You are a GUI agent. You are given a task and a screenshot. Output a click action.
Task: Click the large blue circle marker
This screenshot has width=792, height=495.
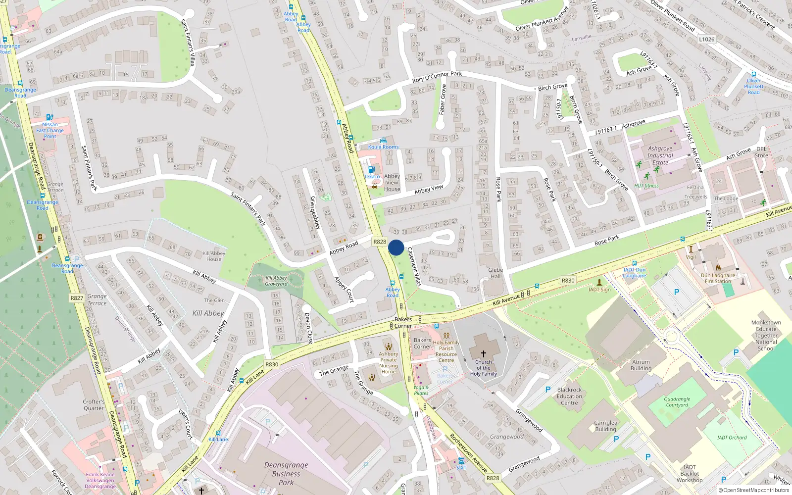(x=396, y=247)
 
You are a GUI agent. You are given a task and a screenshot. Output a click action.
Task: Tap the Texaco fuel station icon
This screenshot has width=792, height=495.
(x=372, y=169)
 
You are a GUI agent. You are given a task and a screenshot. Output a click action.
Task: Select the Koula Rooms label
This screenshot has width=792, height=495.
(x=383, y=147)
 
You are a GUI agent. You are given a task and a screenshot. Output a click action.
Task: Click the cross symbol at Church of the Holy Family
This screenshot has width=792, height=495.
(x=484, y=353)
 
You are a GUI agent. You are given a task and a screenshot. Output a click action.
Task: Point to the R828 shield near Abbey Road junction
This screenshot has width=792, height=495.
(x=380, y=242)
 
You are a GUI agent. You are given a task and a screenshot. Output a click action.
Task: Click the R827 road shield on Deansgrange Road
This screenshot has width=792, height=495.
(x=77, y=298)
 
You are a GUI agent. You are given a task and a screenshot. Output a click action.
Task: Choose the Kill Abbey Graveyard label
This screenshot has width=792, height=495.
(x=276, y=281)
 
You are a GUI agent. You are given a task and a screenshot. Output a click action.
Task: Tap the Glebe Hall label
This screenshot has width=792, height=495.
(x=495, y=273)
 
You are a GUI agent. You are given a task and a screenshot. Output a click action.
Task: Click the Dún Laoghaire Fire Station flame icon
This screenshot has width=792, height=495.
(x=718, y=267)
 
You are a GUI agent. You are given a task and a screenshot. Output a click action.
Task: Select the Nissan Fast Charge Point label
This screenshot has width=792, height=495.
(x=50, y=130)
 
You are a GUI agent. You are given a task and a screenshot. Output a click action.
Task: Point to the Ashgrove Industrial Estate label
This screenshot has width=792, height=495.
(x=660, y=155)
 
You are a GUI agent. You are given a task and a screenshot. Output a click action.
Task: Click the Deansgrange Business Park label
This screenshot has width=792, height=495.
(x=286, y=474)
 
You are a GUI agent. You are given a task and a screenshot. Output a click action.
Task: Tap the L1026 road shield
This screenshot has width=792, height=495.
(x=707, y=39)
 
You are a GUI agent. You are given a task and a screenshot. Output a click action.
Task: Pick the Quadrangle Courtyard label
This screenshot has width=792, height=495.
(x=677, y=402)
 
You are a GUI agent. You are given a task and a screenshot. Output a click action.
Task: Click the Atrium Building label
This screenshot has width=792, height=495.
(x=641, y=365)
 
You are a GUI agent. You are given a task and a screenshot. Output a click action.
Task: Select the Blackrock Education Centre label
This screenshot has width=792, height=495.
(x=569, y=396)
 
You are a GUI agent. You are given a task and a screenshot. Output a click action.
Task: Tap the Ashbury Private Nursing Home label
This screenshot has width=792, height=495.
(x=389, y=363)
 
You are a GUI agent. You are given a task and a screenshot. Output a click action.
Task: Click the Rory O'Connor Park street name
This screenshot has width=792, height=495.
(x=437, y=77)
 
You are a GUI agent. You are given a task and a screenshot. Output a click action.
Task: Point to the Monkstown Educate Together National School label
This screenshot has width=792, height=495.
(x=766, y=336)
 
